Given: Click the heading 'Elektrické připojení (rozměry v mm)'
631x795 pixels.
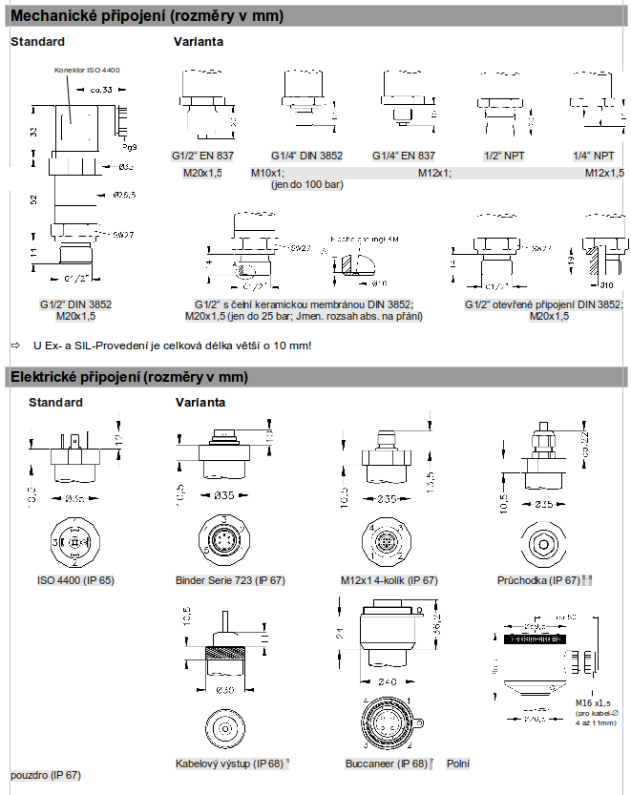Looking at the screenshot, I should coord(129,377).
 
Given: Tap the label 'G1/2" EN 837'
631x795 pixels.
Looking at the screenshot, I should coord(202,156).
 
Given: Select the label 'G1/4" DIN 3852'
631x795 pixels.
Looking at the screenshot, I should coord(306,156).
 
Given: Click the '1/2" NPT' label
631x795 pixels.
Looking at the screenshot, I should coord(504,156).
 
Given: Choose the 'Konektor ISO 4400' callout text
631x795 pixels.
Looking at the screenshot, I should coord(87,71).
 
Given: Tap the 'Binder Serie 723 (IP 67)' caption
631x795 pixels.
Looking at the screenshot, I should coord(230,580).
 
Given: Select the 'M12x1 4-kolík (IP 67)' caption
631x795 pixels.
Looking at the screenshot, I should coord(389,580).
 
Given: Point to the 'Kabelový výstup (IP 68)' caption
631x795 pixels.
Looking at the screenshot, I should coord(229,764).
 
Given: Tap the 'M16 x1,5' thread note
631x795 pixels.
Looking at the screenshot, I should coord(594,703).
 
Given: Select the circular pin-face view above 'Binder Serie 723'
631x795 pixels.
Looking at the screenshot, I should coord(224,542).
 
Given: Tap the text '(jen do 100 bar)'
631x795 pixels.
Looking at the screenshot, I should coord(306,184).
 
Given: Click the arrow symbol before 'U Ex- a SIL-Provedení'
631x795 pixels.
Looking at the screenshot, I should coord(15,345).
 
